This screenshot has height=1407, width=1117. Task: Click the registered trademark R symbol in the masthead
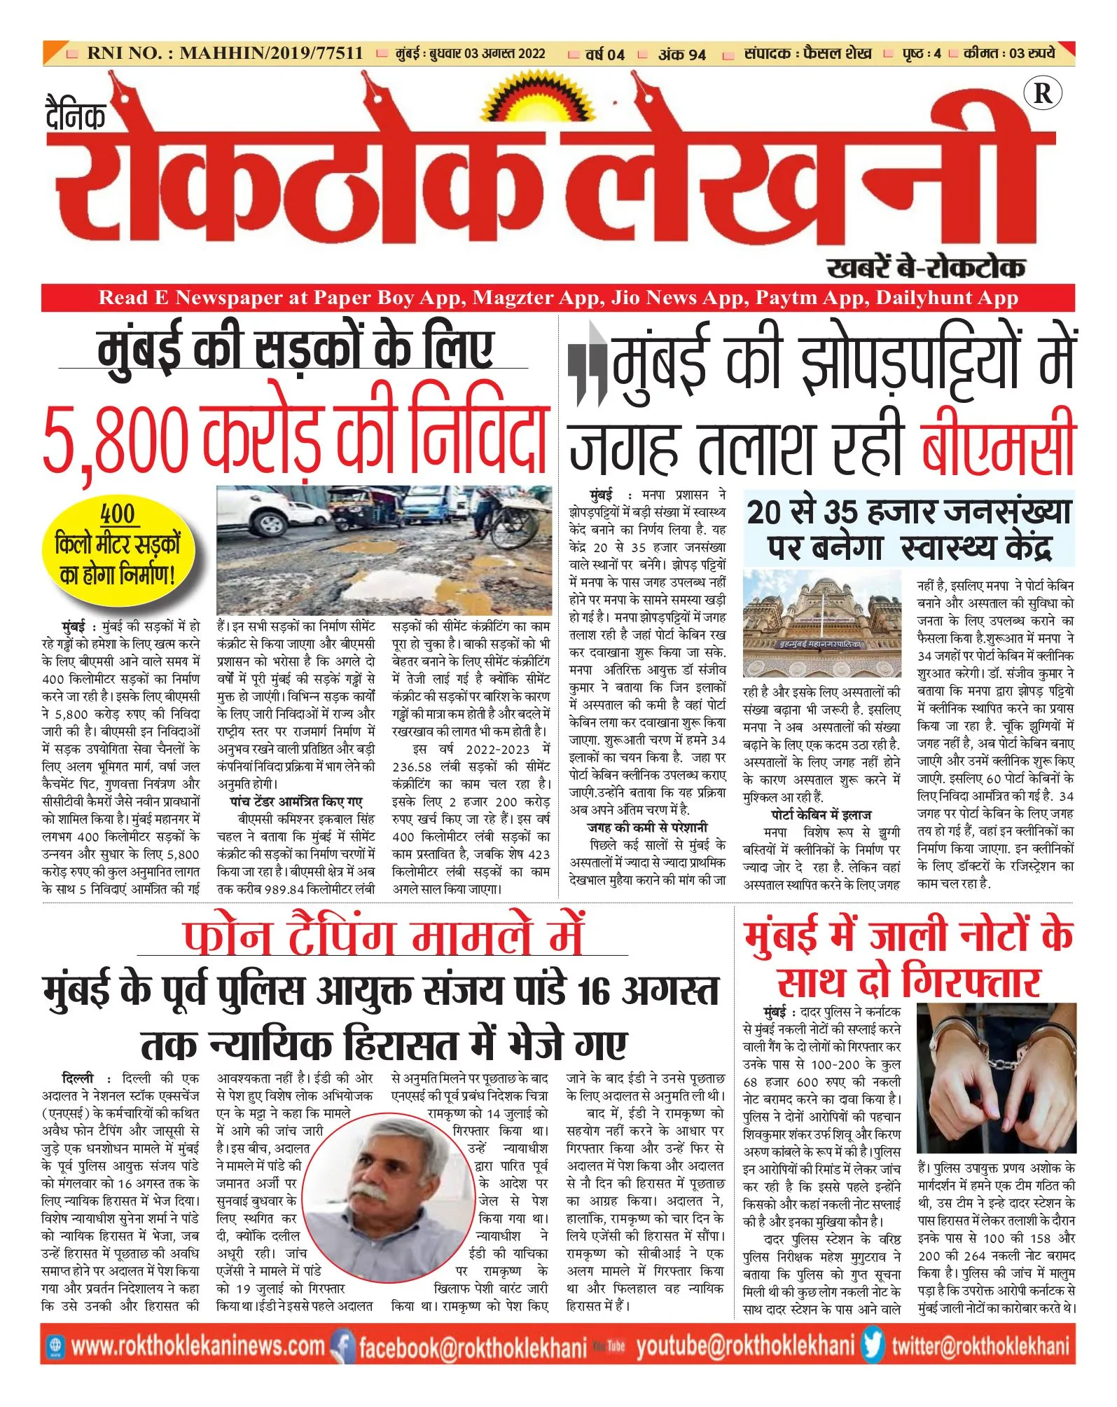(x=1042, y=93)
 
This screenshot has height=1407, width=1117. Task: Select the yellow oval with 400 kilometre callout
(x=118, y=544)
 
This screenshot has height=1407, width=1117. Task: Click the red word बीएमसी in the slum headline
(x=998, y=441)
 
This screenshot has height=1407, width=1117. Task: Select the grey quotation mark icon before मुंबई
(x=587, y=364)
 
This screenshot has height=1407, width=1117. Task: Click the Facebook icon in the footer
(x=343, y=1345)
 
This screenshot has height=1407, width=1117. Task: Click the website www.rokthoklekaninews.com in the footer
(x=198, y=1346)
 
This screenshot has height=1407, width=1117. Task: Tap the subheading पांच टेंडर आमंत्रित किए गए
(x=296, y=802)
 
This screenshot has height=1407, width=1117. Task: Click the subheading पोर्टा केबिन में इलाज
(x=821, y=815)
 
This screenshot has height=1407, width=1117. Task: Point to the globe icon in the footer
(x=55, y=1345)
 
